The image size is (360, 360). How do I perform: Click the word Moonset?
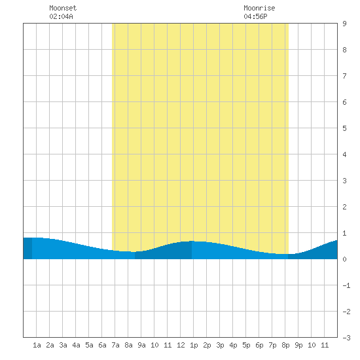[x=63, y=8]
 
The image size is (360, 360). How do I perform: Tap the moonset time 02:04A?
[x=61, y=16]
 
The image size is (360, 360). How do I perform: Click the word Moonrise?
[x=259, y=8]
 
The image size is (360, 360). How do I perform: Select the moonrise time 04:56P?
[x=255, y=16]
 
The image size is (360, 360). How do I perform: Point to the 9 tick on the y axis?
[x=344, y=24]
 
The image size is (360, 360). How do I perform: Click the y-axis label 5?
[x=344, y=128]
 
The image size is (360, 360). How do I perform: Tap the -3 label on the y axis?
[x=346, y=338]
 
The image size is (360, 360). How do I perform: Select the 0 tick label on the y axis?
[x=344, y=259]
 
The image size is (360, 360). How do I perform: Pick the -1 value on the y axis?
[x=346, y=285]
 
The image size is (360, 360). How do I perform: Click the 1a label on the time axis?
[x=37, y=345]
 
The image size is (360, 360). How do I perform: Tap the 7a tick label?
[x=115, y=345]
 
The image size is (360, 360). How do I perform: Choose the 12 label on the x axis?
[x=181, y=345]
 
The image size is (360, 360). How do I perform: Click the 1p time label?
[x=194, y=345]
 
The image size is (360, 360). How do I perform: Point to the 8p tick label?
[x=285, y=345]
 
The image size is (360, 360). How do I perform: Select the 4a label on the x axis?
[x=76, y=345]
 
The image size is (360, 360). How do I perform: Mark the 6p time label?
[x=259, y=345]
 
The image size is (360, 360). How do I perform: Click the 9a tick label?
[x=141, y=345]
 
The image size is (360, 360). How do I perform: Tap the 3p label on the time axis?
[x=220, y=345]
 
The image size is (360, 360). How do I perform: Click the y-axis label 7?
[x=344, y=76]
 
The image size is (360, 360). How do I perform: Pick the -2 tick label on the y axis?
[x=346, y=312]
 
